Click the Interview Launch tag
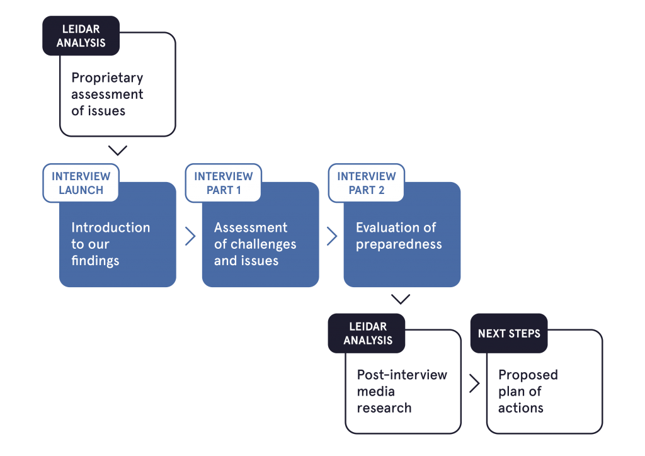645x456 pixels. coord(81,183)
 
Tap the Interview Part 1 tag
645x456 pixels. coord(224,183)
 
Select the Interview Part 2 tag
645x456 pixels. coord(367,183)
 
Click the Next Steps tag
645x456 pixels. coord(509,334)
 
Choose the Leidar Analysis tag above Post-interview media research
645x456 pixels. coord(367,333)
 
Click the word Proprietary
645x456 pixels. coord(107,79)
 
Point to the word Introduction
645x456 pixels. coord(110,227)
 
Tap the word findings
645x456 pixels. coord(95,260)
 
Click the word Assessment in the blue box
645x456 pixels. coord(251,227)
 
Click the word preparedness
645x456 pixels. coord(399,244)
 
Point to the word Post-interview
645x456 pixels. coord(402,375)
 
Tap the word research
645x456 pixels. coord(384,408)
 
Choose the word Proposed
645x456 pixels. coord(528,375)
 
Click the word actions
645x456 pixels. coord(520,408)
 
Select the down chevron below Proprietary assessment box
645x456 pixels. coord(117,151)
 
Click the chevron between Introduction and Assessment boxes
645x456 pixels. coord(190,236)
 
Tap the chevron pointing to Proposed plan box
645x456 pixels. coord(474,384)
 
